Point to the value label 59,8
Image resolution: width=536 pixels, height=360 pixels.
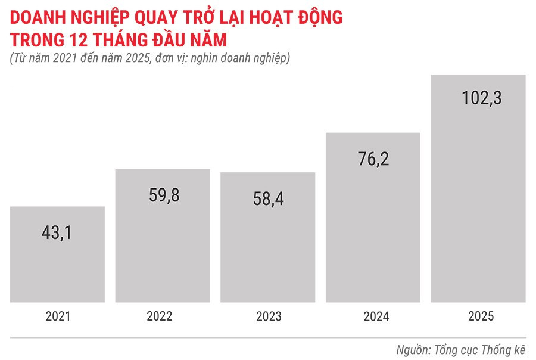point(163,195)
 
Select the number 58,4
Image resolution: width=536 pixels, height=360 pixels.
point(267,198)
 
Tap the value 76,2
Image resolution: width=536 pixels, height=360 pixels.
point(373,159)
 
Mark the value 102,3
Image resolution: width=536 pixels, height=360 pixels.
point(481,97)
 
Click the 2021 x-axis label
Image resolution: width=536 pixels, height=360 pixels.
point(58,316)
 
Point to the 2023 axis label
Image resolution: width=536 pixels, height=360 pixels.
point(269,316)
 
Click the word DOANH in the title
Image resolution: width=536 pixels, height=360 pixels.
point(38,18)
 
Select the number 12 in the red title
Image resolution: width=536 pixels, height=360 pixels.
point(94,41)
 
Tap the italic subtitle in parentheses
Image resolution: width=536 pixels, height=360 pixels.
point(149,59)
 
